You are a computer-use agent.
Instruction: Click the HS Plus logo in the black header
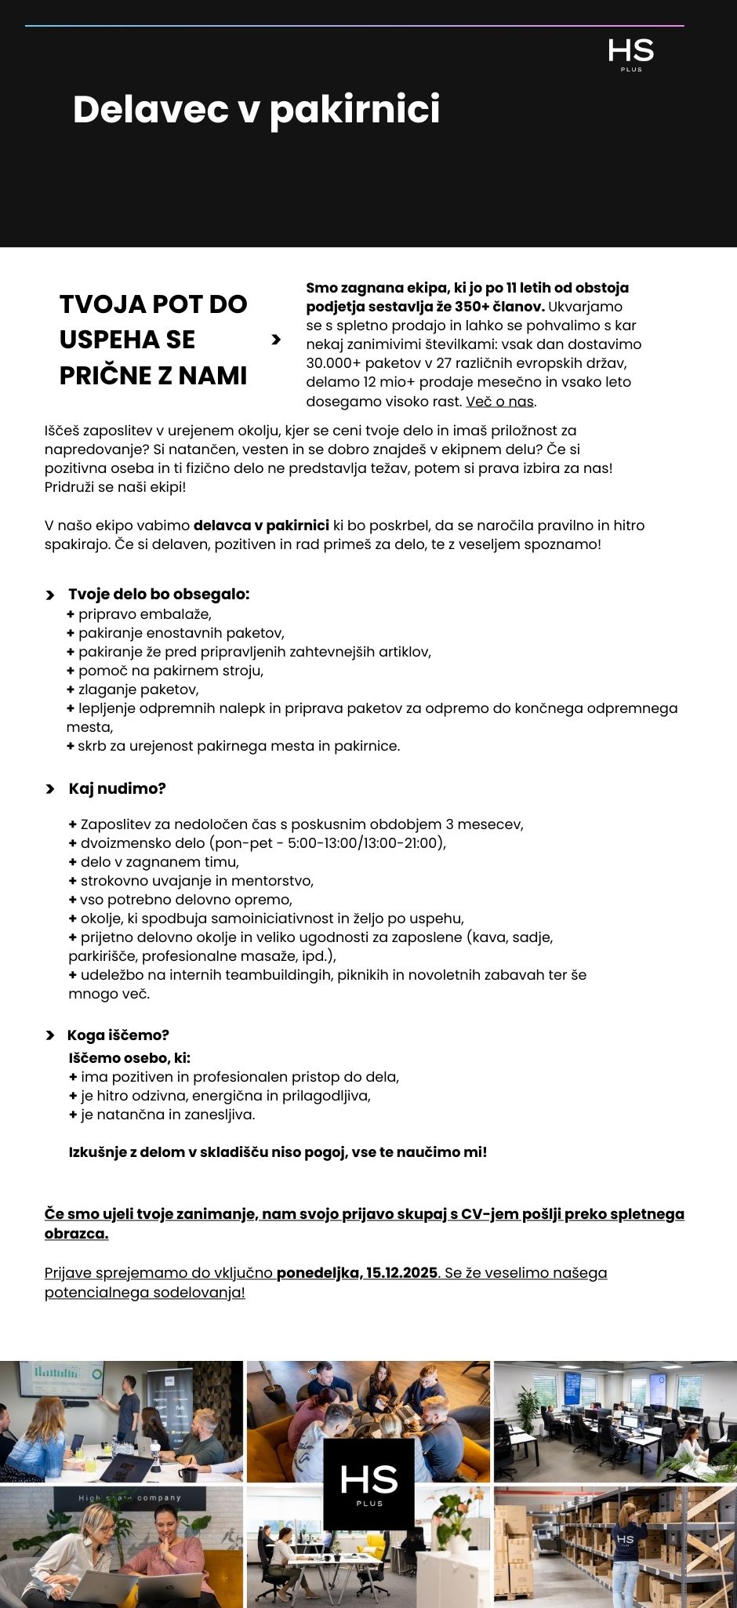pyautogui.click(x=630, y=54)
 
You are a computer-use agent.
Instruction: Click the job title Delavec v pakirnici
pyautogui.click(x=256, y=109)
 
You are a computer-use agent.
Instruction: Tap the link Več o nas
pyautogui.click(x=500, y=402)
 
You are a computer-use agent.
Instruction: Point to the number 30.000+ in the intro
pyautogui.click(x=335, y=363)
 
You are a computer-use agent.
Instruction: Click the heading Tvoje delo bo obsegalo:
pyautogui.click(x=158, y=594)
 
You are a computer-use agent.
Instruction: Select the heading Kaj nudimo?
pyautogui.click(x=117, y=788)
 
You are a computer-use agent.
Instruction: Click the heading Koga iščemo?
pyautogui.click(x=118, y=1035)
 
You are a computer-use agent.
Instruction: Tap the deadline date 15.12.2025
pyautogui.click(x=401, y=1272)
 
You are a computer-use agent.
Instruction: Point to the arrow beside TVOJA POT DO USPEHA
pyautogui.click(x=275, y=340)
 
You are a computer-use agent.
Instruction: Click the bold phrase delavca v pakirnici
pyautogui.click(x=261, y=526)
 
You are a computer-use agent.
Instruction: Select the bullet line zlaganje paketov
pyautogui.click(x=138, y=689)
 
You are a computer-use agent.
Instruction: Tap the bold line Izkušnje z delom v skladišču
pyautogui.click(x=278, y=1152)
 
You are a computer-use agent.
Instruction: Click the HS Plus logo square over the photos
pyautogui.click(x=368, y=1483)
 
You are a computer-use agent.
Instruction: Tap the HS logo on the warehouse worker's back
pyautogui.click(x=625, y=1539)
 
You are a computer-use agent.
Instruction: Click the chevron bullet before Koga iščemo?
pyautogui.click(x=50, y=1035)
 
